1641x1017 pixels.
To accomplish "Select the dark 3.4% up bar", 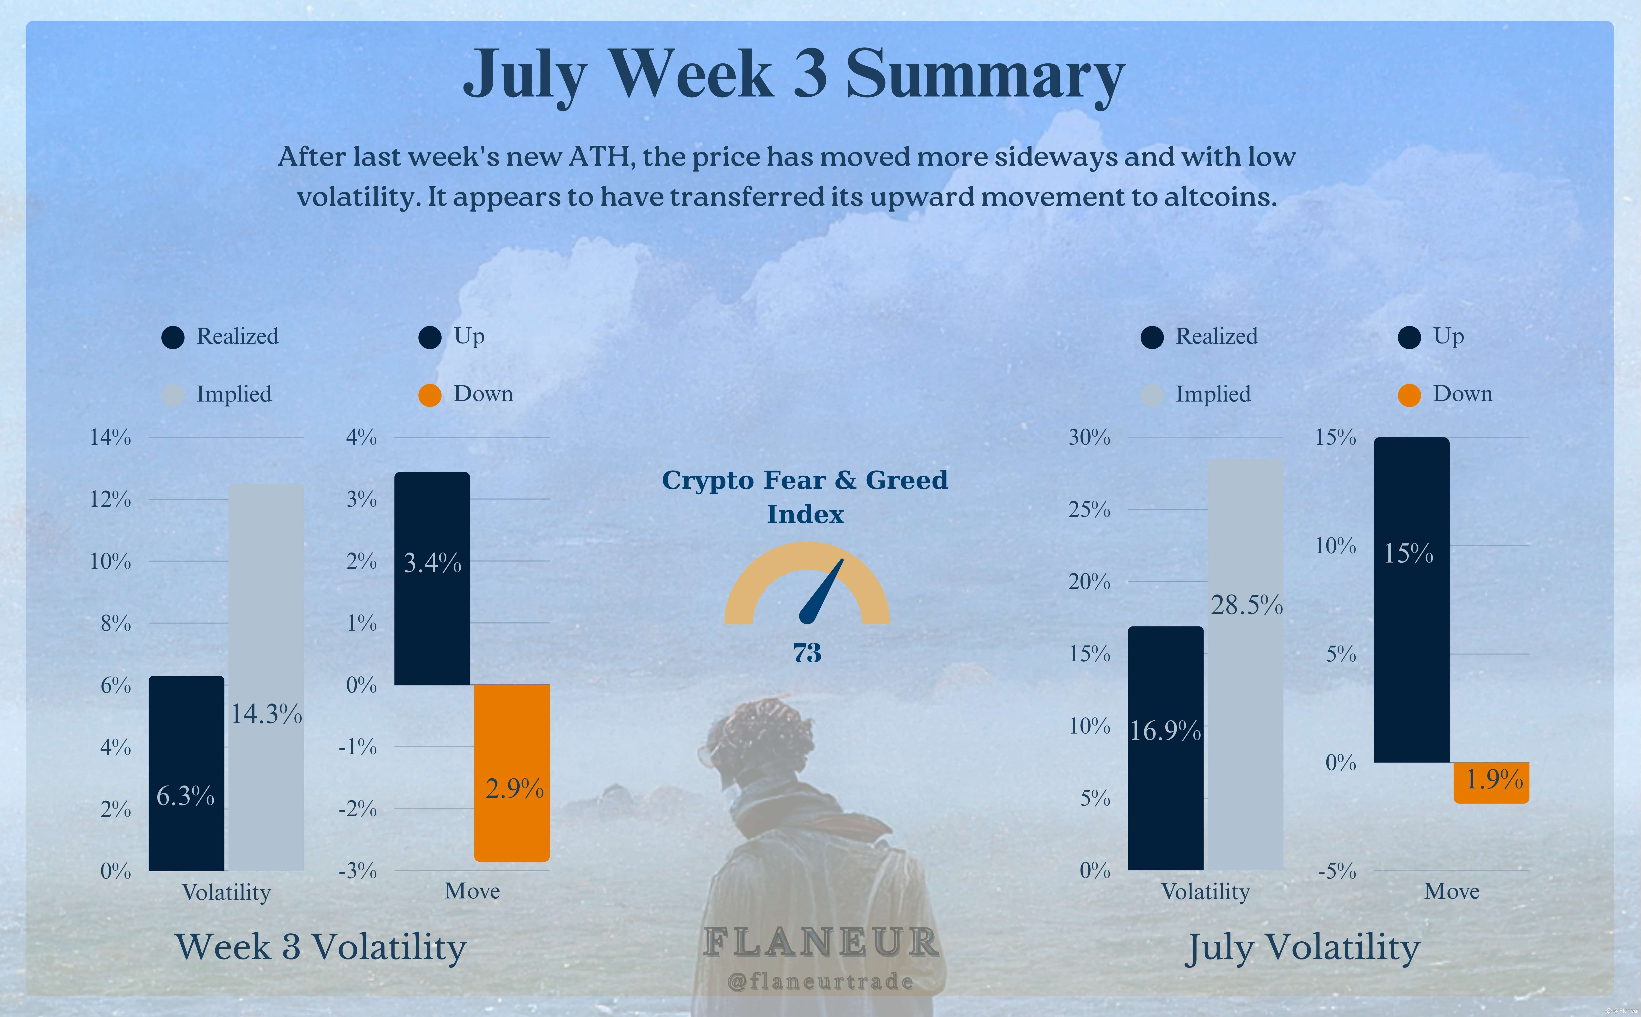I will [432, 578].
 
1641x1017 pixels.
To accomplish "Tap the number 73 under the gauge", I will [807, 653].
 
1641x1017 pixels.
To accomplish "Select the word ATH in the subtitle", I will [599, 157].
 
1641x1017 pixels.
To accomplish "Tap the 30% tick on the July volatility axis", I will [1089, 437].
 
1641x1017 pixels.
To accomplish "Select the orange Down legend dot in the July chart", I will [1409, 395].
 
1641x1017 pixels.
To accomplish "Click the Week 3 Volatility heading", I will [321, 947].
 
